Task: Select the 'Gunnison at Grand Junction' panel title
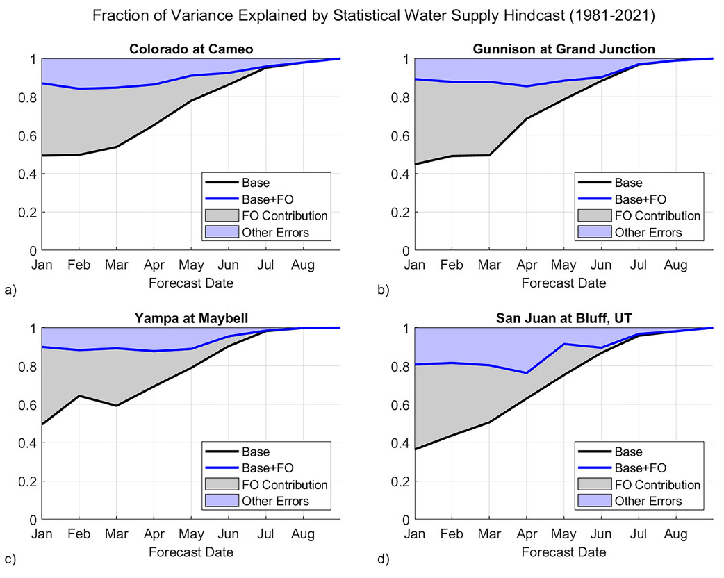click(563, 49)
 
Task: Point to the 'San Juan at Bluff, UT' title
click(563, 318)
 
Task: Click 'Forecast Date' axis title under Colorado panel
click(190, 283)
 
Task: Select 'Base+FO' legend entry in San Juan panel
click(636, 468)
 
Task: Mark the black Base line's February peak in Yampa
click(79, 396)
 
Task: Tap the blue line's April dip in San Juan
click(527, 373)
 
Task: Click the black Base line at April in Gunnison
click(527, 119)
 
